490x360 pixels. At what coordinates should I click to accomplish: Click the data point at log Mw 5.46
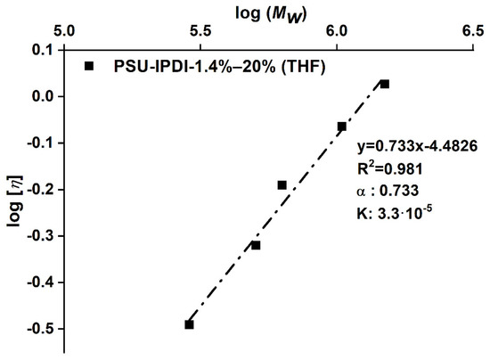click(x=189, y=324)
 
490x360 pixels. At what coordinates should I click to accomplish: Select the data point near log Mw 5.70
click(x=256, y=245)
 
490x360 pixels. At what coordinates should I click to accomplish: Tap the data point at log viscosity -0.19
click(x=282, y=185)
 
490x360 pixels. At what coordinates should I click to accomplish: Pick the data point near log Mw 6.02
click(x=341, y=127)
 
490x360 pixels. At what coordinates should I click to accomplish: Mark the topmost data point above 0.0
click(x=385, y=84)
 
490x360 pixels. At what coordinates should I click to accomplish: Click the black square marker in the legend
click(x=89, y=66)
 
